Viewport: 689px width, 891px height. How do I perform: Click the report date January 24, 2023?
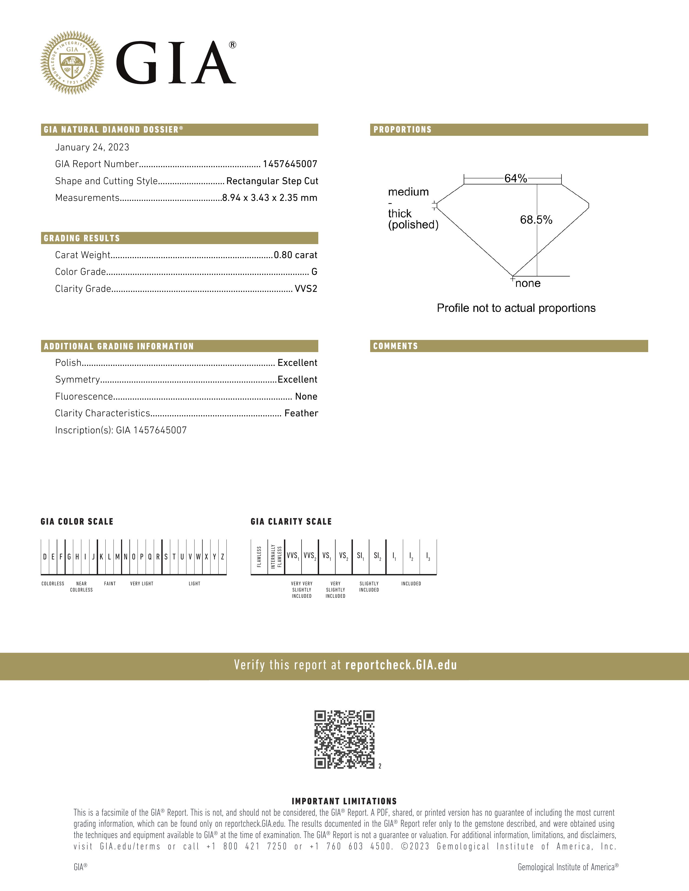[x=92, y=147]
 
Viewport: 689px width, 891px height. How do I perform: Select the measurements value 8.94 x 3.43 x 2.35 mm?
[x=269, y=198]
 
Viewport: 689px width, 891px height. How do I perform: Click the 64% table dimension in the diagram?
[x=516, y=178]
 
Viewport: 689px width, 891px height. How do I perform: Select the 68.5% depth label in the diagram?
[x=536, y=220]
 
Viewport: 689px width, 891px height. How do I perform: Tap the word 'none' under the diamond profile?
[x=528, y=283]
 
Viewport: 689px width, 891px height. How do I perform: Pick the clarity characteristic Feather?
[x=301, y=413]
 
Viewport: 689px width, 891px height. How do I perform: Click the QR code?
[x=344, y=739]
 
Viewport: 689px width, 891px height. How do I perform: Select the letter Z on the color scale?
[x=222, y=557]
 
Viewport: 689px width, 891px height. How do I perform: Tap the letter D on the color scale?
[x=45, y=557]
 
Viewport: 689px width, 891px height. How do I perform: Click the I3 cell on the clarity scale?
[x=428, y=556]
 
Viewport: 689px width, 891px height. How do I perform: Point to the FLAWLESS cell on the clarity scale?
[x=259, y=557]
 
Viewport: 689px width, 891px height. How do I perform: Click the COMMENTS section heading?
[x=396, y=346]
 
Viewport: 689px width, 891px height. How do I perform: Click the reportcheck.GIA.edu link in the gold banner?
[x=401, y=665]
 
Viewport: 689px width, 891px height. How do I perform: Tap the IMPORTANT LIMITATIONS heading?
[x=344, y=801]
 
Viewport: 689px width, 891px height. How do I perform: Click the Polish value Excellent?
[x=297, y=363]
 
